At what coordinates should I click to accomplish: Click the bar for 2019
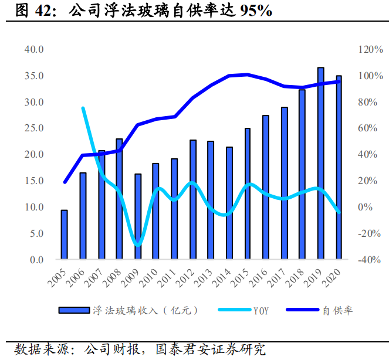click(x=321, y=164)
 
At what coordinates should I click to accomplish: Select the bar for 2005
click(x=65, y=235)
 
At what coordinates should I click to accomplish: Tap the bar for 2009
click(x=138, y=216)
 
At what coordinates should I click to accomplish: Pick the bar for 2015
click(x=248, y=193)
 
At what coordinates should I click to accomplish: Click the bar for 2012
click(x=193, y=199)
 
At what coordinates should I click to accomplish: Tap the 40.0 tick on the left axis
click(x=34, y=49)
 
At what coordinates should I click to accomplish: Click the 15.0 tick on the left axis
click(x=34, y=181)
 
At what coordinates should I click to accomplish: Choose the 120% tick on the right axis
click(x=370, y=49)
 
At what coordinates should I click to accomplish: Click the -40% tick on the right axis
click(x=370, y=260)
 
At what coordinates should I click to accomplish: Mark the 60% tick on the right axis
click(x=370, y=128)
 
